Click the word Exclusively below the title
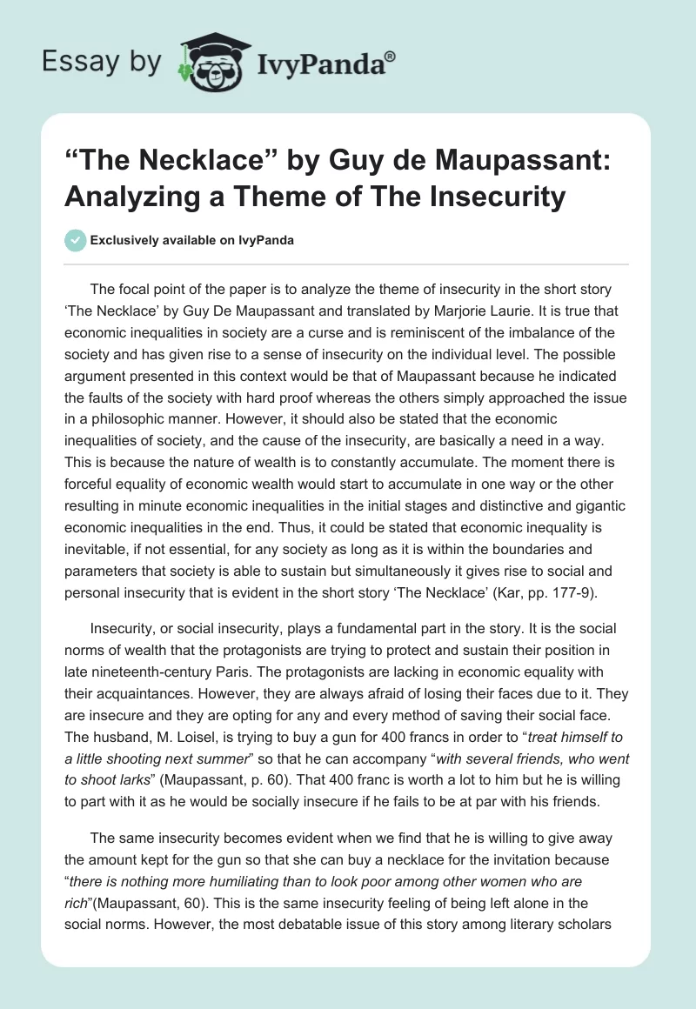coord(124,240)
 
